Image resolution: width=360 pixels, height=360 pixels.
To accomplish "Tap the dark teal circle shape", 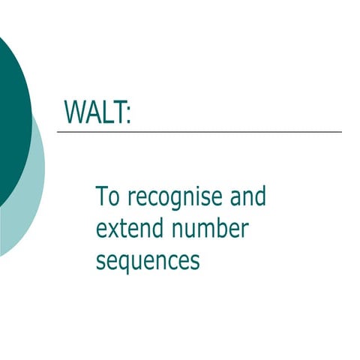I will pos(11,112).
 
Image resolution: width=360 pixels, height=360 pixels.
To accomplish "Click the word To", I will pos(108,197).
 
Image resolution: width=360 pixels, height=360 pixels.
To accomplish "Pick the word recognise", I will pos(174,199).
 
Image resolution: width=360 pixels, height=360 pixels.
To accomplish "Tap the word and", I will pos(247,197).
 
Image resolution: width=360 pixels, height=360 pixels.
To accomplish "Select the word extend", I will pos(127,229).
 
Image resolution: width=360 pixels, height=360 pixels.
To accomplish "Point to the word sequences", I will pos(148,262).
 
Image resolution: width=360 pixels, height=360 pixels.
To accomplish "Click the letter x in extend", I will pos(113,230).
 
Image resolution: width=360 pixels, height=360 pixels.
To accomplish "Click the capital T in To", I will pos(102,196).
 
